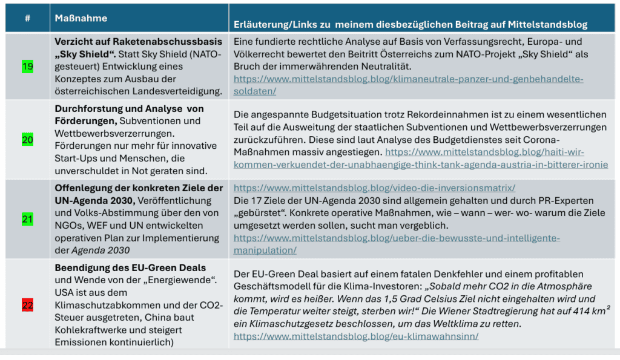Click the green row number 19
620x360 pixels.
(x=27, y=67)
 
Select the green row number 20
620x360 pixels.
(x=27, y=140)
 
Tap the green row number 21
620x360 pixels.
(x=27, y=219)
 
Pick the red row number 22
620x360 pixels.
(x=27, y=305)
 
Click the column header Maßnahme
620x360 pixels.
(x=81, y=18)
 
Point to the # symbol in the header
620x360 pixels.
(x=27, y=18)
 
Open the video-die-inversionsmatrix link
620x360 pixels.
(x=374, y=188)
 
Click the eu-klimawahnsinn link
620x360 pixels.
(x=356, y=336)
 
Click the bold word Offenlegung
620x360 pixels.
(x=81, y=188)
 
